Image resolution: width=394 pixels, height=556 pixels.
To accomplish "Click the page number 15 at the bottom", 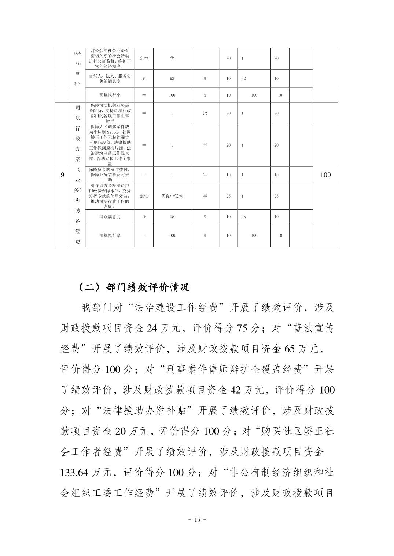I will pos(197,520).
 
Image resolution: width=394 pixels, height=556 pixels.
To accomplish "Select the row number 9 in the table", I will pos(62,175).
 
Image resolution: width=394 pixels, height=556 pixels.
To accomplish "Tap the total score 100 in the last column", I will pos(325,175).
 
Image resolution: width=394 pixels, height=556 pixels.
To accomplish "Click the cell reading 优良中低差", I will pos(172,196).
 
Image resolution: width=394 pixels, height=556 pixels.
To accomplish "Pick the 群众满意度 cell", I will pos(110,217).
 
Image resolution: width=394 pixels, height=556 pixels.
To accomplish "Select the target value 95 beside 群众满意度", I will pos(172,217).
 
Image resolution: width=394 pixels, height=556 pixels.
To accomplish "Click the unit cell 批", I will pos(205,113).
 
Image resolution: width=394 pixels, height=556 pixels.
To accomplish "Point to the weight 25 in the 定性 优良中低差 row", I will pos(228,196).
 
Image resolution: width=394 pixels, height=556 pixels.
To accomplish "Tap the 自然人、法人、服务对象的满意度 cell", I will pos(110,78).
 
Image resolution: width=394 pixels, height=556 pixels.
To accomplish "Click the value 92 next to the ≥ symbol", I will pos(172,78).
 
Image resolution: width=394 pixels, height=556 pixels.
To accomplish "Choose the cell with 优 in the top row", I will pos(172,58).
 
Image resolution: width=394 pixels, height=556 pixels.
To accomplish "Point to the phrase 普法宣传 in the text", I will pos(313,328).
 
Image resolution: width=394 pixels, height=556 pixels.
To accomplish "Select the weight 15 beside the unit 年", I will pos(228,175).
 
